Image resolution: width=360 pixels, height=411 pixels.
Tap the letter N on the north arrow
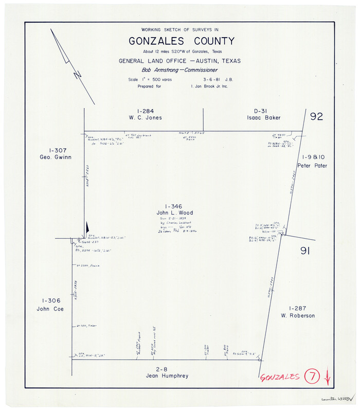pos(78,75)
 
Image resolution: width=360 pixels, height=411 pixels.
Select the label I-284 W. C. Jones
pos(146,114)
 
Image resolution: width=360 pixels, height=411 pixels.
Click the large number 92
pos(316,117)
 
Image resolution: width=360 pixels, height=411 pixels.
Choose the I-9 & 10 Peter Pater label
pos(314,161)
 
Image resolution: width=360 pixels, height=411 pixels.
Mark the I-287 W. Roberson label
pos(298,312)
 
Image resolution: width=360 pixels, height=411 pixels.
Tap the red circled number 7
pos(312,377)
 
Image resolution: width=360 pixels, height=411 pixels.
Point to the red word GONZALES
pos(280,378)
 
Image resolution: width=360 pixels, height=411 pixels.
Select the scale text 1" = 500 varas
pos(150,79)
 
